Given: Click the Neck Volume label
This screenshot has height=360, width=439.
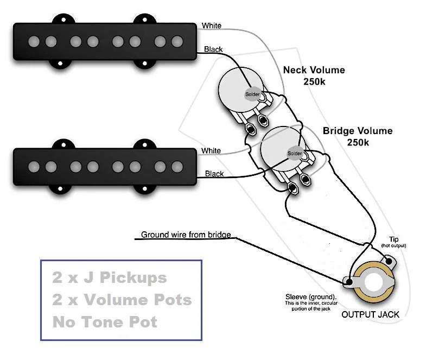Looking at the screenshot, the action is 314,75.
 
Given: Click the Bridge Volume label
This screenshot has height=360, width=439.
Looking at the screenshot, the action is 358,136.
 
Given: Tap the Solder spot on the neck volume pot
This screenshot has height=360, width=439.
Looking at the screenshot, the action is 252,94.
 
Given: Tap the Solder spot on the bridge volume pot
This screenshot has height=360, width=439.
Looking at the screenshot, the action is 295,153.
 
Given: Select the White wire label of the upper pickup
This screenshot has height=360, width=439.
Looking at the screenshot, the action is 212,26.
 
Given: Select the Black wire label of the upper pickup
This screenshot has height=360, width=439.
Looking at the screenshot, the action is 213,49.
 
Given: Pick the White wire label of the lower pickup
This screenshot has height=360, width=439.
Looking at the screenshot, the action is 211,151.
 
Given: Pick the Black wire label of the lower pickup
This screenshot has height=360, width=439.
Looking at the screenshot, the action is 214,174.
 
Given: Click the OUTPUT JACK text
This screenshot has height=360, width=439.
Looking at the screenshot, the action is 370,314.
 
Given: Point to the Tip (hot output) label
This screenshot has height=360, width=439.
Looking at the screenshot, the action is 393,242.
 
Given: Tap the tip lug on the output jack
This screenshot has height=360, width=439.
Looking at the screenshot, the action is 389,261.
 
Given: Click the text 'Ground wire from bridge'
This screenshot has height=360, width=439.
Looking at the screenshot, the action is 186,235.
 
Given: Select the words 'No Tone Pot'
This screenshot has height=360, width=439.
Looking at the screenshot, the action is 105,322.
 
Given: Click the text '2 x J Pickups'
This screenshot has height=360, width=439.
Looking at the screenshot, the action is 110,277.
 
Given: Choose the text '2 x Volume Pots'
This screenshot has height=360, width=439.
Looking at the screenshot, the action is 122,300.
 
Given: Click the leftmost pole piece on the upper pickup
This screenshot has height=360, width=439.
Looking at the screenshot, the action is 34,42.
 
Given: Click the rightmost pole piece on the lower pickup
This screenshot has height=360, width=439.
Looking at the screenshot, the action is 177,167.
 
